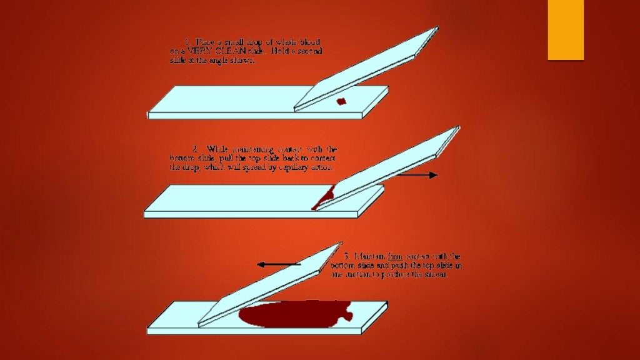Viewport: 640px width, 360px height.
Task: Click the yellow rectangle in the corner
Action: coord(566,29)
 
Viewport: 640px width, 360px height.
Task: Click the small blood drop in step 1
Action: coord(341,101)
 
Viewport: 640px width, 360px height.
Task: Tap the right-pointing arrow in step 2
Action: coord(417,176)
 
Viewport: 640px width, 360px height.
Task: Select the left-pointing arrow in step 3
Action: coord(279,265)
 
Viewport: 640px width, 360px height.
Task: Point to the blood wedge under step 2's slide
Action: coord(324,199)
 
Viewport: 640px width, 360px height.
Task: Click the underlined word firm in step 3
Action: coord(396,256)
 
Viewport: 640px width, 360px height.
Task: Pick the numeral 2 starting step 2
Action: coord(196,149)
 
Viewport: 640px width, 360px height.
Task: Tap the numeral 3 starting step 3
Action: coord(346,256)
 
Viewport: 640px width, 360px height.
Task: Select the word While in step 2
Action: coord(217,149)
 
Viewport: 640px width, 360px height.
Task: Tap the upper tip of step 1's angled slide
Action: coord(436,27)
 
